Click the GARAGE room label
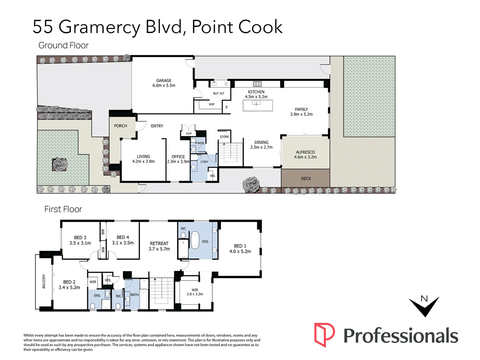click(164, 81)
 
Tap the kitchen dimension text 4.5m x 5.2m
click(256, 97)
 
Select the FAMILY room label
click(301, 109)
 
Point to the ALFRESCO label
click(305, 152)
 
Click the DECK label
click(306, 179)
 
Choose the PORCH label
click(121, 126)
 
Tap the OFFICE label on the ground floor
click(178, 157)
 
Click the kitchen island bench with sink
click(257, 105)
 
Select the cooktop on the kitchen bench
click(257, 84)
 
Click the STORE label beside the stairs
click(225, 137)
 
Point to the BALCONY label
click(44, 281)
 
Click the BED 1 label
click(240, 246)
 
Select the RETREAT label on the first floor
click(159, 244)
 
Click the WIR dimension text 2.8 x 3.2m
click(195, 294)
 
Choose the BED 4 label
click(123, 237)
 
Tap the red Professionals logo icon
click(324, 335)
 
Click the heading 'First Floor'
click(63, 209)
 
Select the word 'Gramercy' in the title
click(99, 27)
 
